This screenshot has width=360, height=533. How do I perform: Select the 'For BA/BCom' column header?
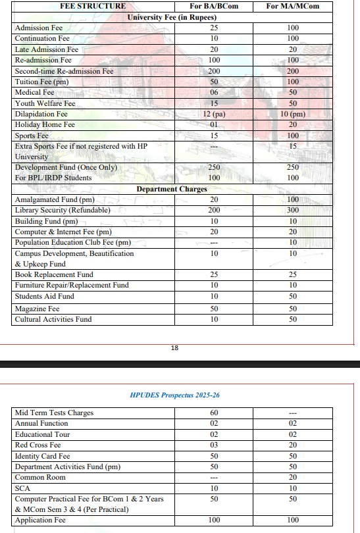pos(214,6)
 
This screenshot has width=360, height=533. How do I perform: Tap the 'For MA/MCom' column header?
pos(293,6)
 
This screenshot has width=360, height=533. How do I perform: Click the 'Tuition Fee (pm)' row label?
pos(41,82)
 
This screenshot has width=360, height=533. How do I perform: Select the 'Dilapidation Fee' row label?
pos(41,114)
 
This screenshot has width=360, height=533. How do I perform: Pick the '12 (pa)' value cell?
pos(214,114)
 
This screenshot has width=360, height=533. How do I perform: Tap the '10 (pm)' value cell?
pos(293,114)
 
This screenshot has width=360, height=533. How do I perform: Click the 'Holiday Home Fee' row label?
pos(45,124)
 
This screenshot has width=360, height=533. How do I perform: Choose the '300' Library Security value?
pos(293,210)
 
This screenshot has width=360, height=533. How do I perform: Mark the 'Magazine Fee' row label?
pos(37,309)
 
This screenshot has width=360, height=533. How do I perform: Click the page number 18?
pos(174,348)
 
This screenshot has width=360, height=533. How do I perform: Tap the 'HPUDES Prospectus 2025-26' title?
pos(174,395)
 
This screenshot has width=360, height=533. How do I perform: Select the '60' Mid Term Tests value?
pos(214,413)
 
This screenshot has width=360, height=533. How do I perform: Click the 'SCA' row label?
pos(22,488)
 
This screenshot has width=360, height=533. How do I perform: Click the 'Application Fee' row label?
pos(40,520)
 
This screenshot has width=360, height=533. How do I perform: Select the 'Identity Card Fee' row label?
pos(42,456)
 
